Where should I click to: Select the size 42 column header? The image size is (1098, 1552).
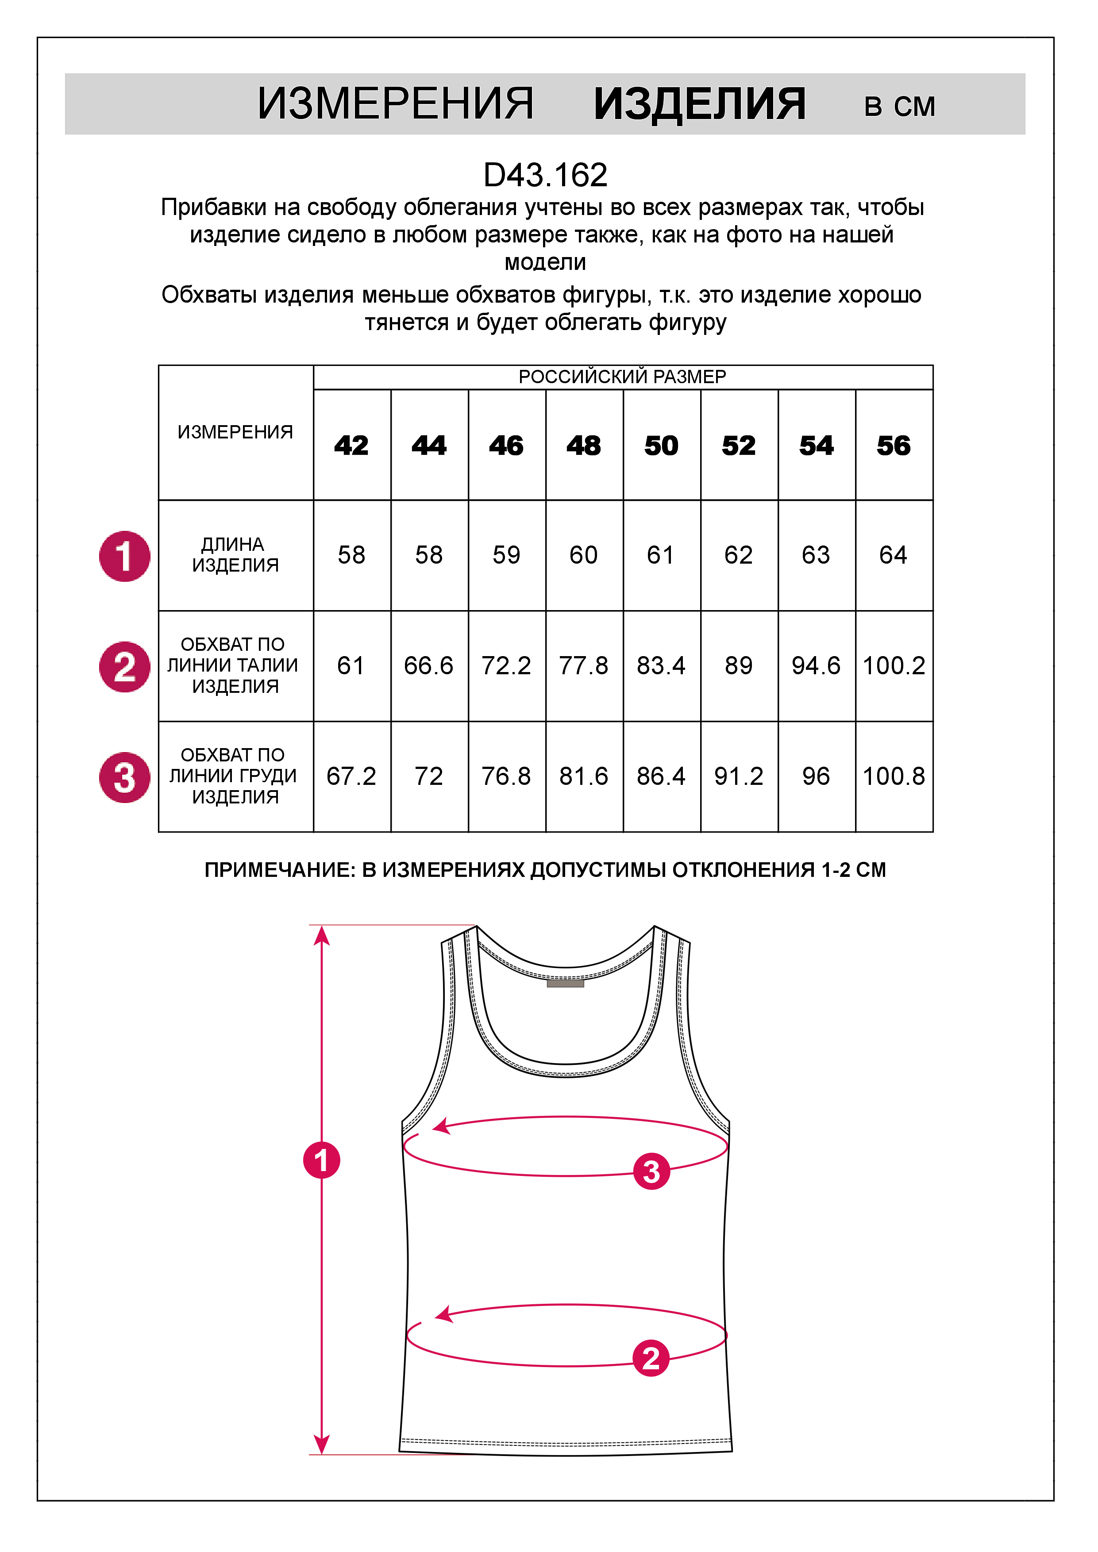351,446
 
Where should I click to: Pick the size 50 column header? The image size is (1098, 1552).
661,446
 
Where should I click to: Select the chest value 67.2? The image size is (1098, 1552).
351,776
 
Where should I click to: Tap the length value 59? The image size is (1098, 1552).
506,555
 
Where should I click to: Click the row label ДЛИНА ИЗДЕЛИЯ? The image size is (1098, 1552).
235,554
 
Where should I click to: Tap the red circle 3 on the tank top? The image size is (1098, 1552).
651,1172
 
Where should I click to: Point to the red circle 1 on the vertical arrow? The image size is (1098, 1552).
322,1160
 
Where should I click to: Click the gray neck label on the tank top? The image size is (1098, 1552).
565,983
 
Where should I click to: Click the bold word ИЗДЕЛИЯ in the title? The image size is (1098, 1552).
700,105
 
